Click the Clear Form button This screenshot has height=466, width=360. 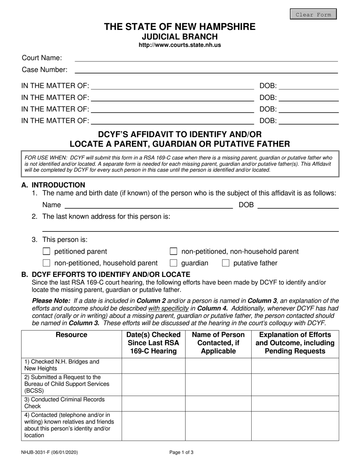click(x=313, y=14)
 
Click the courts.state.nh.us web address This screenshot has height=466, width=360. click(x=180, y=45)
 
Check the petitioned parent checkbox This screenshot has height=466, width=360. click(x=47, y=252)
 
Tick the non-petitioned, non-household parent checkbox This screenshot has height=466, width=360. click(x=174, y=252)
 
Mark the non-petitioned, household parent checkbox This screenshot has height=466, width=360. click(x=47, y=263)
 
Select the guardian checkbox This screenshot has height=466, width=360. click(x=174, y=263)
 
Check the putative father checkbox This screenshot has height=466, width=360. click(x=225, y=263)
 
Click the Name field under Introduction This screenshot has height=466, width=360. click(x=149, y=205)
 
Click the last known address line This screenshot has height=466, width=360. click(x=189, y=227)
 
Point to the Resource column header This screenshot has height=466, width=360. click(x=71, y=335)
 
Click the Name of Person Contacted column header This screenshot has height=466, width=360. click(x=218, y=343)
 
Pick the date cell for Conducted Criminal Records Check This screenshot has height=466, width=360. click(x=153, y=403)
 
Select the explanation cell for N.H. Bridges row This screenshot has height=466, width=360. click(x=295, y=365)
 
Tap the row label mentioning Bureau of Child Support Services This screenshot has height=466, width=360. click(x=67, y=384)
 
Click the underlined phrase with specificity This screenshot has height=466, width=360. click(x=168, y=308)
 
